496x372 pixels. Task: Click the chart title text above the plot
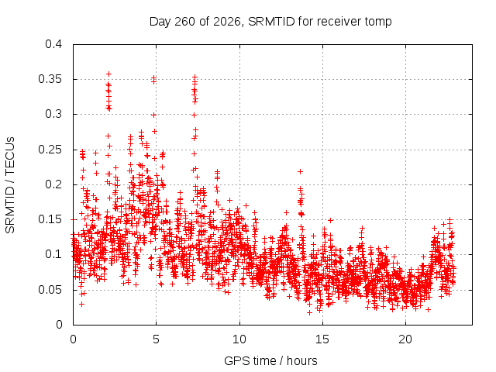point(270,22)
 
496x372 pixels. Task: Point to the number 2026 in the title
point(227,22)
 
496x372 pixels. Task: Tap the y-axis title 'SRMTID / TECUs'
point(10,185)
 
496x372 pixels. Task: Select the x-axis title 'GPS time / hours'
point(270,360)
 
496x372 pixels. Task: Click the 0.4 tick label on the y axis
point(53,44)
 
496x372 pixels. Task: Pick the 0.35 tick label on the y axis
point(50,79)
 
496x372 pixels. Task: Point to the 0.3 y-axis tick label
point(53,114)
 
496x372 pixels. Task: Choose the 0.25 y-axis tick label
point(50,150)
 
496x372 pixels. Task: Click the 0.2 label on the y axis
point(53,184)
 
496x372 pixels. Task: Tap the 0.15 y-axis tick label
point(50,219)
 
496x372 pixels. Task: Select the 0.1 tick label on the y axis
point(53,254)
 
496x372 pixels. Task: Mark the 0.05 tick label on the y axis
point(50,290)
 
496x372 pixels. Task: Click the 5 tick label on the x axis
point(157,339)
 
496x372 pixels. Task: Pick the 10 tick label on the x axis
point(239,339)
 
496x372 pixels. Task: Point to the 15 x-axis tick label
point(322,339)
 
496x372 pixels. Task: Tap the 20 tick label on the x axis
point(405,339)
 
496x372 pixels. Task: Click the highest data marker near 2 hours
point(108,74)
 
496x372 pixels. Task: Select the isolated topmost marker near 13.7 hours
point(300,171)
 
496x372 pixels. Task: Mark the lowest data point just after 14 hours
point(309,312)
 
